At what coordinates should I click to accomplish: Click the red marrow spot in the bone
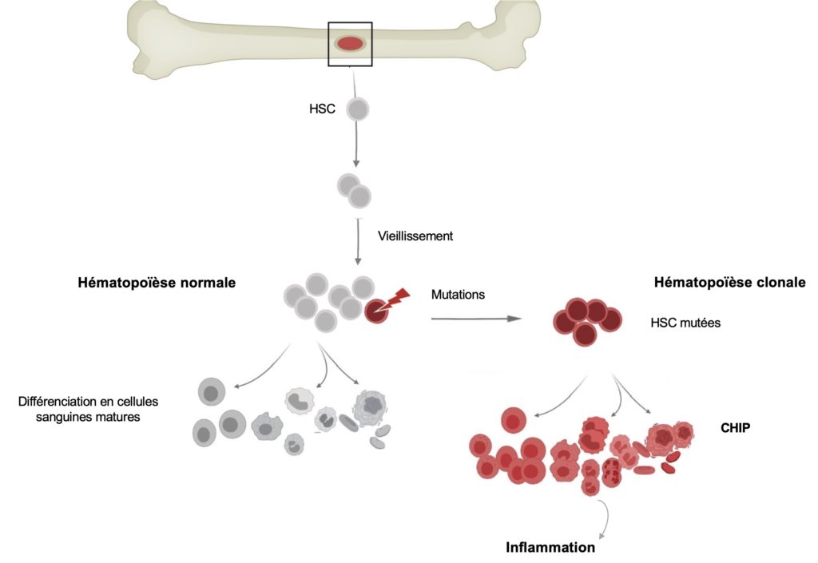[x=350, y=44]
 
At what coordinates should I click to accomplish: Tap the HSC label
[x=322, y=109]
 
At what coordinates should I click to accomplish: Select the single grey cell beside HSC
[x=357, y=109]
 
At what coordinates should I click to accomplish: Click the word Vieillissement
[x=415, y=236]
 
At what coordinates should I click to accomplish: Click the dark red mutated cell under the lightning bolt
[x=375, y=311]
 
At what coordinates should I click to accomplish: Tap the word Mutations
[x=458, y=295]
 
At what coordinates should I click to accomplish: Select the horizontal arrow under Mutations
[x=476, y=319]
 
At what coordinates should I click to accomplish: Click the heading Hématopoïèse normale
[x=157, y=283]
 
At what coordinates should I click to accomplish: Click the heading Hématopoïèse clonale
[x=730, y=283]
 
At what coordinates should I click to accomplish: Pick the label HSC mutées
[x=685, y=323]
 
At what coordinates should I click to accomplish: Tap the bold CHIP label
[x=735, y=428]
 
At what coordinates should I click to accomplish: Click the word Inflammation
[x=550, y=547]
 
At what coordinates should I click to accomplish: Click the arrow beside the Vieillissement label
[x=358, y=242]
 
